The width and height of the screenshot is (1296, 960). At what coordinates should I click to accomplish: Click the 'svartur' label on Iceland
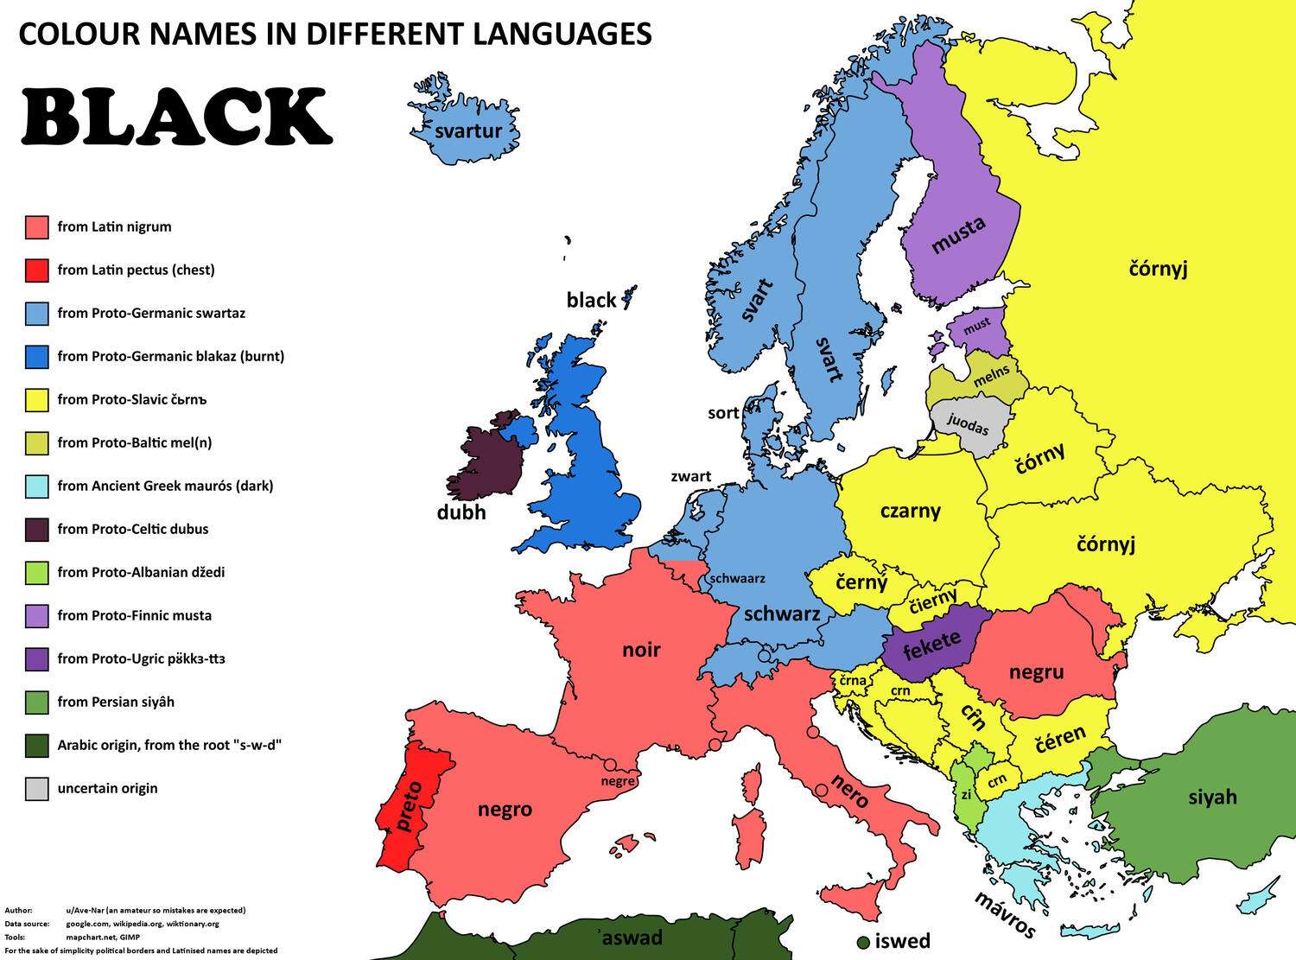(x=468, y=130)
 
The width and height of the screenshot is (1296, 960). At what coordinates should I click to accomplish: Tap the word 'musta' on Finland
(x=958, y=235)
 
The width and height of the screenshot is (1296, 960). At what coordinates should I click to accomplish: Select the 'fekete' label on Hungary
(x=931, y=645)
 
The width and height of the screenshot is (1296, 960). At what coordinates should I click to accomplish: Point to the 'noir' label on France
(x=641, y=650)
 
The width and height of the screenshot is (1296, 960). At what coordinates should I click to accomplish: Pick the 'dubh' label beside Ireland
(x=461, y=512)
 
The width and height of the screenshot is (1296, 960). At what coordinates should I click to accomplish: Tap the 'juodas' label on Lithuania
(x=968, y=423)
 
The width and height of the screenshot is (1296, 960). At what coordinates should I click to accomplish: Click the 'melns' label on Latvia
(x=991, y=378)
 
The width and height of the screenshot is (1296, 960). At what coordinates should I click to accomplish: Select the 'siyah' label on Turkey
(x=1212, y=797)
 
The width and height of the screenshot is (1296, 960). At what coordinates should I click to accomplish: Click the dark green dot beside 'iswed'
(x=862, y=942)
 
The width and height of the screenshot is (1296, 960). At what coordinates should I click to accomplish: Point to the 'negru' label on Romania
(x=1036, y=671)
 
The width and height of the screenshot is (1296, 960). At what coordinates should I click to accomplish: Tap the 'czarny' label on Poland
(x=910, y=511)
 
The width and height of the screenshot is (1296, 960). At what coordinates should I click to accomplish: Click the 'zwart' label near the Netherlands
(x=690, y=476)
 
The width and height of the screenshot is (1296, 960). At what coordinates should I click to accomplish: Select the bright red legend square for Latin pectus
(x=36, y=270)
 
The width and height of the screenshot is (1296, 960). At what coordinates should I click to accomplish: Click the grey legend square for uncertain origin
(x=36, y=789)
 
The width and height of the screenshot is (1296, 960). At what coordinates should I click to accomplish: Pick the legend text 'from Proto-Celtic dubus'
(x=132, y=529)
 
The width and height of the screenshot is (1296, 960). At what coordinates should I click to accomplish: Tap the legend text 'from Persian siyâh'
(x=116, y=702)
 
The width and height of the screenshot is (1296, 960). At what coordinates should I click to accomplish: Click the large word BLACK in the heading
(x=176, y=117)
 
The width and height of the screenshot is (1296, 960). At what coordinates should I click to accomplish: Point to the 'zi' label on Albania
(x=966, y=793)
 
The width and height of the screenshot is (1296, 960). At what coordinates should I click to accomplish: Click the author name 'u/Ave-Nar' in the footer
(x=85, y=910)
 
